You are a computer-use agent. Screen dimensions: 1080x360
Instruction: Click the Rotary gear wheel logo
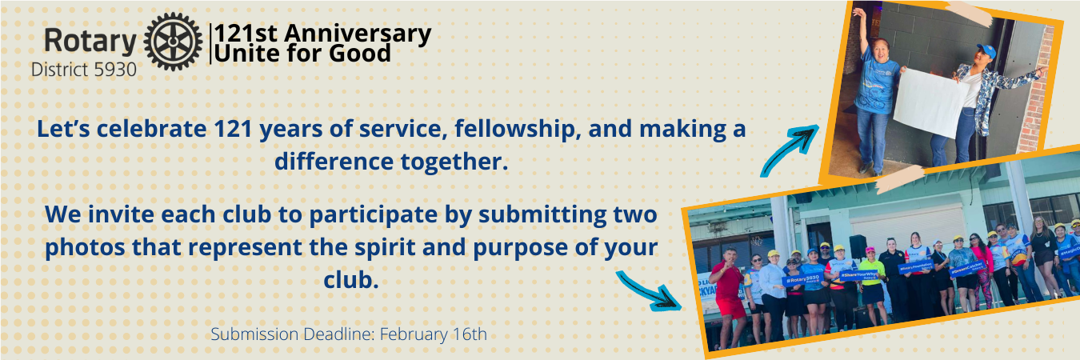click(x=173, y=42)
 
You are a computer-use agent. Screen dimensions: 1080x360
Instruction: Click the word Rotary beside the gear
click(x=90, y=42)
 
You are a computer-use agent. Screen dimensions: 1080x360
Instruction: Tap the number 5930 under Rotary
click(x=115, y=70)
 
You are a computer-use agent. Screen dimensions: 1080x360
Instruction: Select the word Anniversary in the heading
click(x=358, y=34)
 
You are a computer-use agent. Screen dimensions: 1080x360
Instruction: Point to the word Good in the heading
click(x=360, y=53)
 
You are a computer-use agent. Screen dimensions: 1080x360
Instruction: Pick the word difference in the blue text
click(x=334, y=161)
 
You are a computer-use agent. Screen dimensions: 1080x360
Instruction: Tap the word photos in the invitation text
click(x=85, y=248)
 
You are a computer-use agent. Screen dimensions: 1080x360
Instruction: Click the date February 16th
click(x=434, y=334)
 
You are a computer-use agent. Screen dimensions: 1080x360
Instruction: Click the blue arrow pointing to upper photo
click(x=790, y=150)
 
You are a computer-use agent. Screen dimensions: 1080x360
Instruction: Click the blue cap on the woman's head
click(x=986, y=50)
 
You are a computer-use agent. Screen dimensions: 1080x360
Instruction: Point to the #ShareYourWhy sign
click(x=858, y=274)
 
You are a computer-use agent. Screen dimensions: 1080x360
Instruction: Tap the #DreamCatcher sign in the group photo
click(x=966, y=269)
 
